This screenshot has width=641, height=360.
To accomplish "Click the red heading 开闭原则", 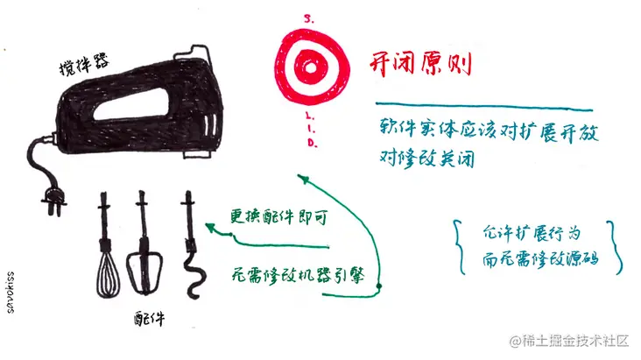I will point(419,64).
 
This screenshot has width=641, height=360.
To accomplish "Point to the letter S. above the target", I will point(308,17).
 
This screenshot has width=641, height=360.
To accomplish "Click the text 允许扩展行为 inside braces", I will point(532,233).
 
